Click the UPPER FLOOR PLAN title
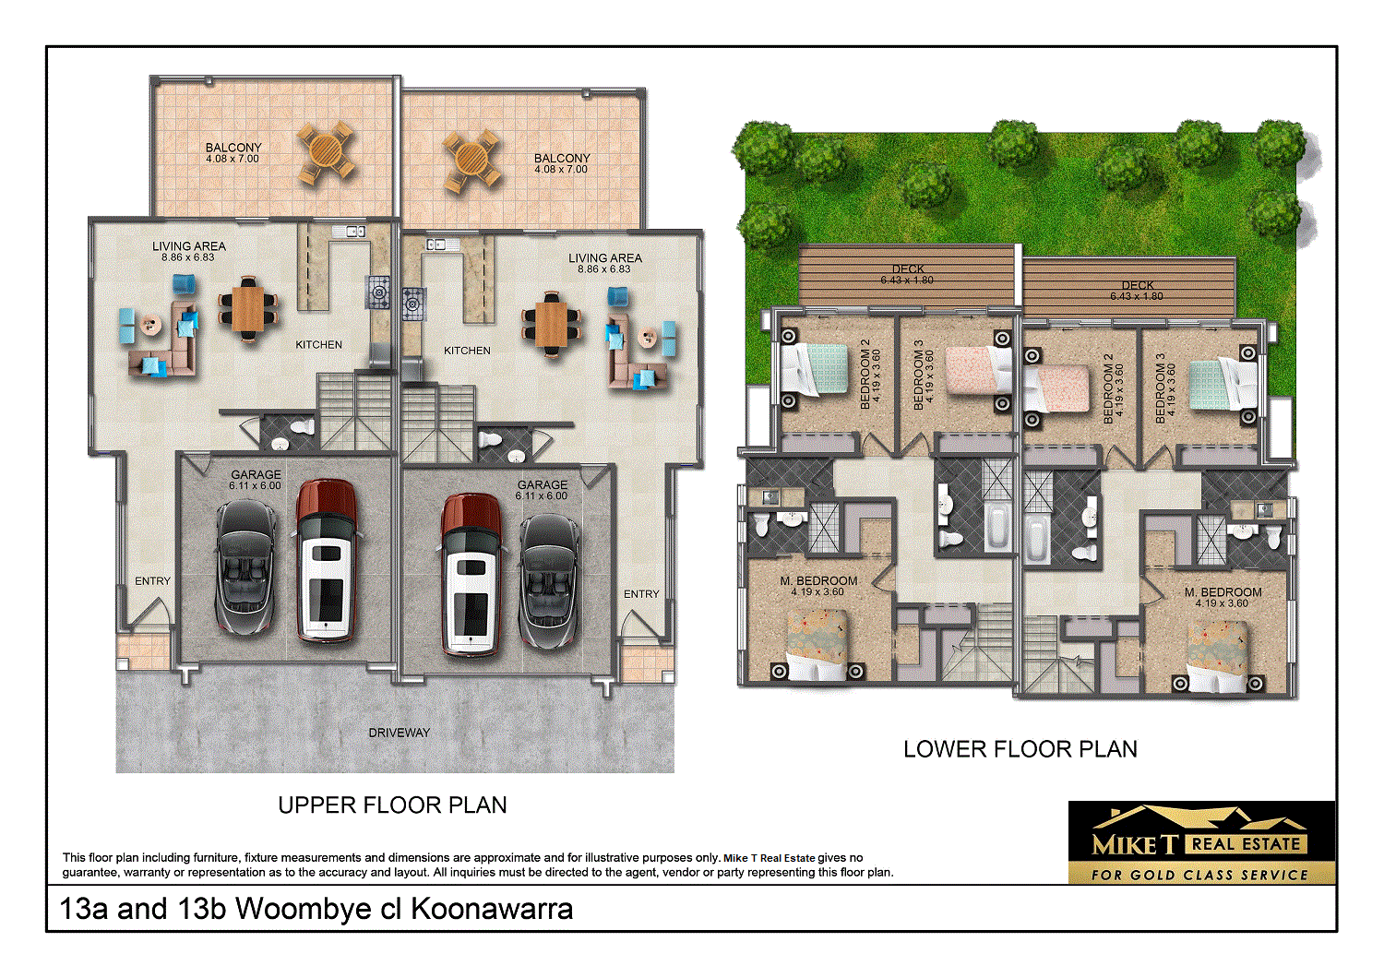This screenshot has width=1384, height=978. [392, 805]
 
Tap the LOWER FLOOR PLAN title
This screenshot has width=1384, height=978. [1020, 749]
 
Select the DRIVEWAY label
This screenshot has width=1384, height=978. [400, 733]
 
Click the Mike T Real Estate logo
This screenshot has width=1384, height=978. [1201, 842]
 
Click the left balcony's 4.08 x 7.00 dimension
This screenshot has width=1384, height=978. [233, 159]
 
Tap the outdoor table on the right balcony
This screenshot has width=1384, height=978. [471, 161]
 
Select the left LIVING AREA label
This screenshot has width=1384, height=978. [189, 246]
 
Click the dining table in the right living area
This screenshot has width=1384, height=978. [552, 323]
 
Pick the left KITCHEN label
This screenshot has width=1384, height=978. [318, 344]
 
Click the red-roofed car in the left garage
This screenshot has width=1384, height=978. [326, 560]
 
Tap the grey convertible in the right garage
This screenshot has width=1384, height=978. [550, 581]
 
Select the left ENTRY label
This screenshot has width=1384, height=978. [152, 581]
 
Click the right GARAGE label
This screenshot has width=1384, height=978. [543, 484]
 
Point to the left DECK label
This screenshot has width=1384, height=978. [908, 269]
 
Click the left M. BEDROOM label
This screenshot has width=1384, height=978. [818, 581]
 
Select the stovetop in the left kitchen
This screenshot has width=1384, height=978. [380, 292]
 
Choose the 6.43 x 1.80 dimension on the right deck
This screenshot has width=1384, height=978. [1137, 296]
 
